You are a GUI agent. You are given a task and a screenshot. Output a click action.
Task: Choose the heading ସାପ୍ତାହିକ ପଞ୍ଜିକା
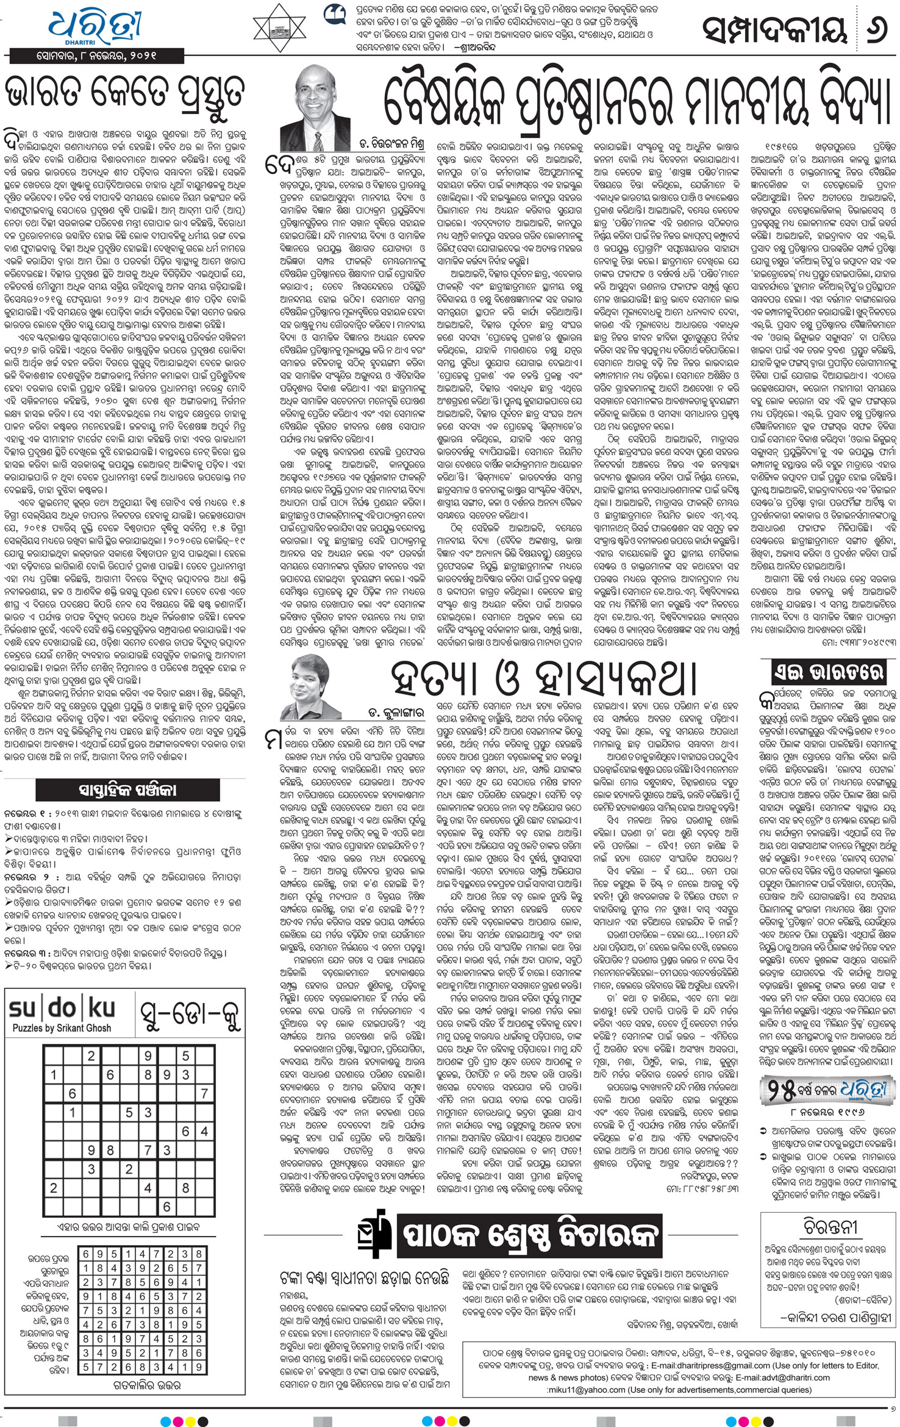(x=127, y=790)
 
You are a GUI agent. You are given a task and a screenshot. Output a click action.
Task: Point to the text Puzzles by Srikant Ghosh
(x=62, y=1028)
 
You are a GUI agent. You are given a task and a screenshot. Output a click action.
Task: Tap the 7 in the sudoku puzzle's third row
(x=204, y=1093)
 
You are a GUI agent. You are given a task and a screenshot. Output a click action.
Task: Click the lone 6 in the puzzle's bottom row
(x=166, y=1207)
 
